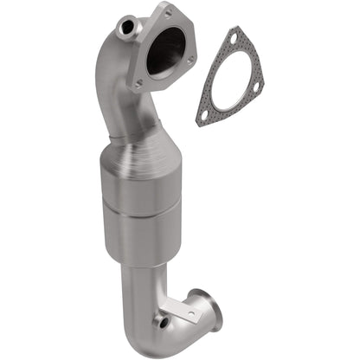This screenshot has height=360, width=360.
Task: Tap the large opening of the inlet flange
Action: tap(166, 51)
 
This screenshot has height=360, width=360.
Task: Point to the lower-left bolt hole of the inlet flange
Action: tap(139, 83)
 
